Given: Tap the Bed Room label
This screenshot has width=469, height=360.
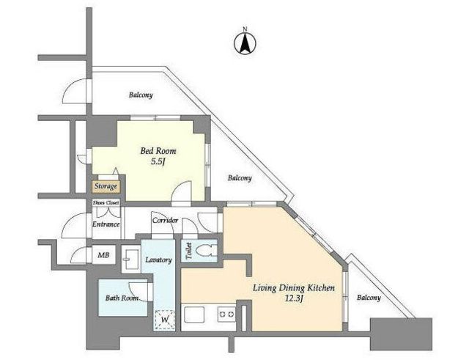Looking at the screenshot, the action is tap(158, 151).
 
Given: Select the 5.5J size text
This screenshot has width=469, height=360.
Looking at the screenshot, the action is tap(158, 162).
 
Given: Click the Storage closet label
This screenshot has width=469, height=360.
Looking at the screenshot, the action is tap(106, 186).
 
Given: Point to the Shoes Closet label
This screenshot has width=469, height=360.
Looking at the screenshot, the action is tap(106, 202).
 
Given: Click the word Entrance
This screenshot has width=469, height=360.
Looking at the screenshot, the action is tap(106, 224).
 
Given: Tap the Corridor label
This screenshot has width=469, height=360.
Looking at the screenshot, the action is tap(165, 221).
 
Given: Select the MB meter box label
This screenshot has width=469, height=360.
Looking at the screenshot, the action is tap(103, 255).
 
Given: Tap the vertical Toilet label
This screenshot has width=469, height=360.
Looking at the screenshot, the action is tap(188, 251).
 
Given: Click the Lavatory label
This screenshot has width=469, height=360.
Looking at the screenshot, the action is tap(158, 260).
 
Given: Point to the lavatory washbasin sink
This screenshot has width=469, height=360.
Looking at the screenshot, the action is tap(131, 259).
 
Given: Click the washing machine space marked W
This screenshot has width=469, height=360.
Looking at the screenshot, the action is tap(164, 319).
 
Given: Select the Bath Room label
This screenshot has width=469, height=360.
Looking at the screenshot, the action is tap(122, 298).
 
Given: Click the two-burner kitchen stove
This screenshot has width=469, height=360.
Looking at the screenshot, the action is tap(226, 315).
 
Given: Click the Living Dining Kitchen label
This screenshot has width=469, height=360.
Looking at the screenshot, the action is tap(294, 288).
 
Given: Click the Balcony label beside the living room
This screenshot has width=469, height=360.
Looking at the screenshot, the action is tap(369, 298).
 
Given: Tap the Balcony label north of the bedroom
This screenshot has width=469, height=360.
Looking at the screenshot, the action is tap(141, 95).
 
